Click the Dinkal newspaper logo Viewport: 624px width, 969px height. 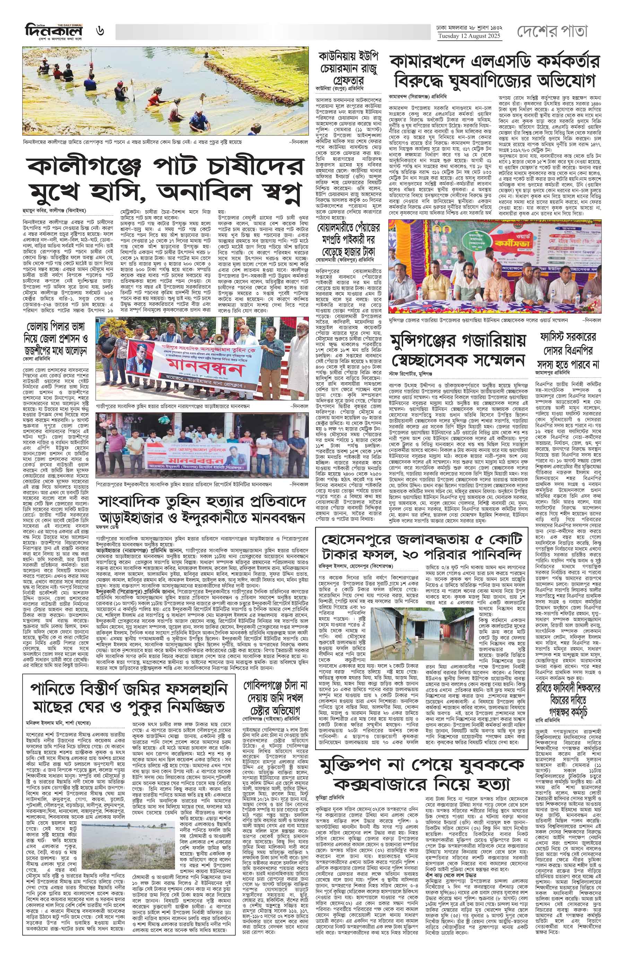(x=53, y=31)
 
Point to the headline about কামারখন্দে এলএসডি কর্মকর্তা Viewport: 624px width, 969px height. (x=494, y=71)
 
